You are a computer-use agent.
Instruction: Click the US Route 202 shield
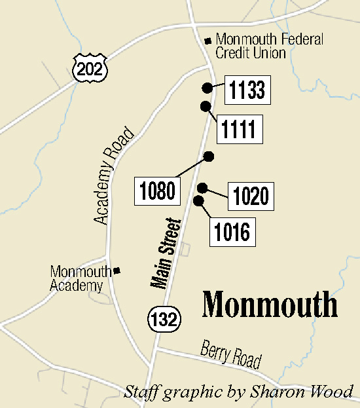[89, 66]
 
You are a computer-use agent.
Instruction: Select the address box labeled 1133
[247, 91]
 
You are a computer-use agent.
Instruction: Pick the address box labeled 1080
[157, 191]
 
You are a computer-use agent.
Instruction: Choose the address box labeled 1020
[251, 196]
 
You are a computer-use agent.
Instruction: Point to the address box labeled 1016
[232, 232]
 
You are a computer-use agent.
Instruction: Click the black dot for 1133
[207, 87]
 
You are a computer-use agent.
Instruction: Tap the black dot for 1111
[206, 106]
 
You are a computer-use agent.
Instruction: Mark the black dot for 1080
[209, 156]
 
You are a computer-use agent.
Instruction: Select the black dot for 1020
[203, 187]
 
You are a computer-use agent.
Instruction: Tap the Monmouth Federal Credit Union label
[269, 46]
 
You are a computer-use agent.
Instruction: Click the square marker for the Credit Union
[208, 40]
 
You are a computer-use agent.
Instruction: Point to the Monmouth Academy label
[77, 278]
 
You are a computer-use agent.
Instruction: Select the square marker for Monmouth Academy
[117, 270]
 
